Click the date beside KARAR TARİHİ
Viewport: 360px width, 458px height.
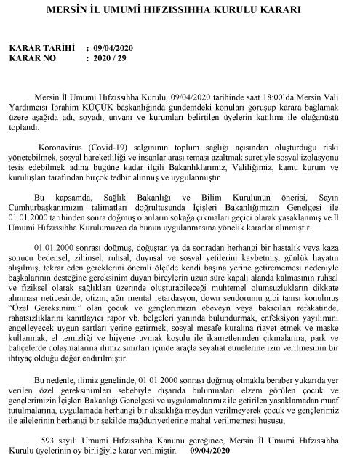click(115, 48)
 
